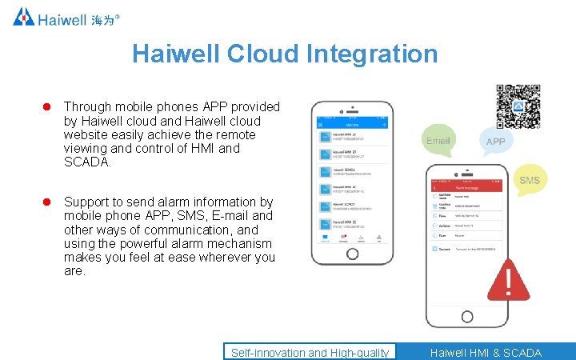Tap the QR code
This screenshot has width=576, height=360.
pyautogui.click(x=518, y=106)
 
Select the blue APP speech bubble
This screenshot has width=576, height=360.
pyautogui.click(x=496, y=141)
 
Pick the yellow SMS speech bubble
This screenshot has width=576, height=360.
pyautogui.click(x=529, y=180)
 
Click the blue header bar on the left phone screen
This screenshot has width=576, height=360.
pyautogui.click(x=352, y=124)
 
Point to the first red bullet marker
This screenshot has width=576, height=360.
pyautogui.click(x=46, y=107)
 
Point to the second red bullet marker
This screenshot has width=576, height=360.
pyautogui.click(x=46, y=202)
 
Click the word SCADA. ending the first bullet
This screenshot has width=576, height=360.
pyautogui.click(x=88, y=162)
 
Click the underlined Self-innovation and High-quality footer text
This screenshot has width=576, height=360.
pyautogui.click(x=310, y=352)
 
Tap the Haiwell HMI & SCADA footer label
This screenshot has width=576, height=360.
pyautogui.click(x=485, y=352)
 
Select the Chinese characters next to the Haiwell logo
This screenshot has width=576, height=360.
pyautogui.click(x=102, y=19)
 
